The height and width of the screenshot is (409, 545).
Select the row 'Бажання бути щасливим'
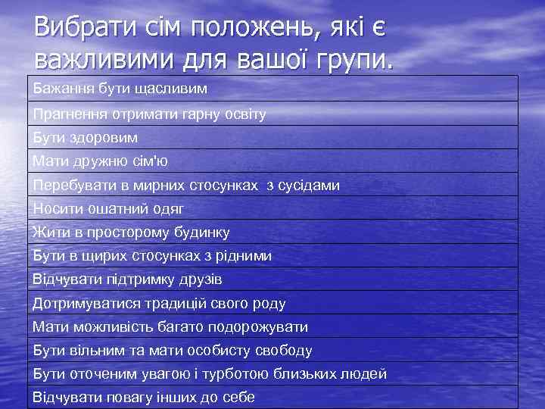click(120, 89)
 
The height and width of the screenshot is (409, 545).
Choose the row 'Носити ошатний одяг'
click(108, 208)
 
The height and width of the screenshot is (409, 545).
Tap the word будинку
click(200, 232)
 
